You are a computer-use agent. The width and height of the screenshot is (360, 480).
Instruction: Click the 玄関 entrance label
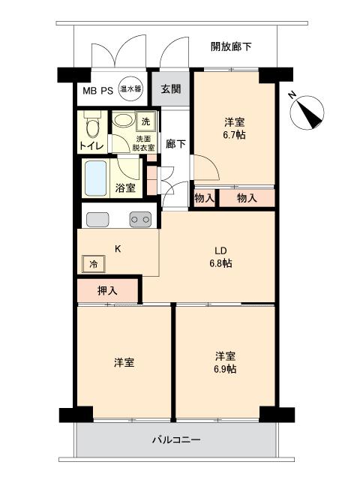[171, 89]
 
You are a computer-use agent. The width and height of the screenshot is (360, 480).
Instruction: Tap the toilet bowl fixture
[92, 126]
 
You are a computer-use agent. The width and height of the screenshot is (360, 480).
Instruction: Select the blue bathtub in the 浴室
[96, 178]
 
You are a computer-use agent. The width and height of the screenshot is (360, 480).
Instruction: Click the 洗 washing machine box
[145, 121]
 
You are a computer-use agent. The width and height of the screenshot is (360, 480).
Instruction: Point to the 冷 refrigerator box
[94, 263]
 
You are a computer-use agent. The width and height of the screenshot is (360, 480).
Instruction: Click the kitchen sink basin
[97, 220]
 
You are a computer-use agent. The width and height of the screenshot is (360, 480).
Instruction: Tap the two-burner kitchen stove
[140, 220]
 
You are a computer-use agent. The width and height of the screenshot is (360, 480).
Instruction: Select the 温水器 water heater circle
[130, 89]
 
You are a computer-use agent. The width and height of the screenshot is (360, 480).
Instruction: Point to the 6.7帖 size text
[234, 135]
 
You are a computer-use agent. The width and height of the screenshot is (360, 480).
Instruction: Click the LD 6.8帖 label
[220, 256]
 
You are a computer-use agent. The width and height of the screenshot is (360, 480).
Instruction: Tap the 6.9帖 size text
[225, 369]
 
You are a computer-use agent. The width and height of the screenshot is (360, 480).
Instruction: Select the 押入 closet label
[107, 290]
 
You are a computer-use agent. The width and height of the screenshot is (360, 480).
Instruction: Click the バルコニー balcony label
[176, 440]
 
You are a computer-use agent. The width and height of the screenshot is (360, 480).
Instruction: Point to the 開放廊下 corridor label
[232, 46]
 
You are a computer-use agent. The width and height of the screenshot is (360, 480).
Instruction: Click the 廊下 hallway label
[175, 143]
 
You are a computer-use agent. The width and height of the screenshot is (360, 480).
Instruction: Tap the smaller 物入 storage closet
[204, 198]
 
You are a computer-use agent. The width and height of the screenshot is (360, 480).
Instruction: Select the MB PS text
[98, 91]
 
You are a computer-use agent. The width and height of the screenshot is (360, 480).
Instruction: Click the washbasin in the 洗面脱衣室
[123, 120]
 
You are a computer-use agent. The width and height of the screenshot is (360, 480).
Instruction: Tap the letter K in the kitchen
[118, 249]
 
